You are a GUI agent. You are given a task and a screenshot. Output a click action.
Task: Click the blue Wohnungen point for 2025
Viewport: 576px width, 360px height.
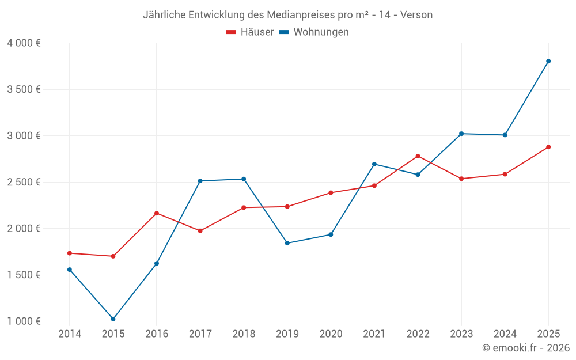pyautogui.click(x=548, y=61)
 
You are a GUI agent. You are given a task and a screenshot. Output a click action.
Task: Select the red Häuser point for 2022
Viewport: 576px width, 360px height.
pyautogui.click(x=418, y=156)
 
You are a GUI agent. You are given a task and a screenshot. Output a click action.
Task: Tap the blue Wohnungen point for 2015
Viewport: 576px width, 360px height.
pyautogui.click(x=113, y=319)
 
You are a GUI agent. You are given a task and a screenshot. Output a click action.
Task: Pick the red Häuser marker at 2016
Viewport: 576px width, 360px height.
pyautogui.click(x=157, y=213)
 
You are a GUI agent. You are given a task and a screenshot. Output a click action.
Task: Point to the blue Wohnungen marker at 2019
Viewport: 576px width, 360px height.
pyautogui.click(x=287, y=243)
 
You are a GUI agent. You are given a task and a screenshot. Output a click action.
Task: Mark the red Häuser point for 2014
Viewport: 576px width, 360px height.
pyautogui.click(x=70, y=253)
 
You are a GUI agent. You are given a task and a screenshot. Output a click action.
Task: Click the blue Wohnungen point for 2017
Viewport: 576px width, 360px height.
pyautogui.click(x=200, y=181)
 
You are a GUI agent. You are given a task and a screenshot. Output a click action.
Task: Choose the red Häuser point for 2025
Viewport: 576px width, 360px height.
pyautogui.click(x=548, y=147)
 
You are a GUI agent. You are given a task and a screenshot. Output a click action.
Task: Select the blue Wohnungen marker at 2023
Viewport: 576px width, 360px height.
pyautogui.click(x=461, y=134)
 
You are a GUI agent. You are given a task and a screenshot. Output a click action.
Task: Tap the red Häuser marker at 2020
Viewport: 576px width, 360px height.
pyautogui.click(x=331, y=192)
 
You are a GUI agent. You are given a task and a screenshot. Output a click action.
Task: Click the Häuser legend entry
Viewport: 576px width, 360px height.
pyautogui.click(x=250, y=32)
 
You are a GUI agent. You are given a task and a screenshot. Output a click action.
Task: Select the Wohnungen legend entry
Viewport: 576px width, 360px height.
pyautogui.click(x=314, y=32)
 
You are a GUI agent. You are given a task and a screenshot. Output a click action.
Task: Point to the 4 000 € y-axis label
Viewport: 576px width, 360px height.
pyautogui.click(x=24, y=43)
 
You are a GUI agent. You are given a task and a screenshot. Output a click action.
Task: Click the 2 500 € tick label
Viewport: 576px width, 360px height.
pyautogui.click(x=24, y=182)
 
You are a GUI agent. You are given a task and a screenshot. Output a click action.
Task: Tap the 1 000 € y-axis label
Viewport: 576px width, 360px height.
pyautogui.click(x=24, y=321)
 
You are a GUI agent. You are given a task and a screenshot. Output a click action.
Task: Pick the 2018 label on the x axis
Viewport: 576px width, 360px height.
pyautogui.click(x=244, y=334)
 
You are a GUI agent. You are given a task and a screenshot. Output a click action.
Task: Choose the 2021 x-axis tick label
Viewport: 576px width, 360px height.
pyautogui.click(x=374, y=334)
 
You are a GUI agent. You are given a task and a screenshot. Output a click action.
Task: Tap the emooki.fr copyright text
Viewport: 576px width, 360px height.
pyautogui.click(x=526, y=348)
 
